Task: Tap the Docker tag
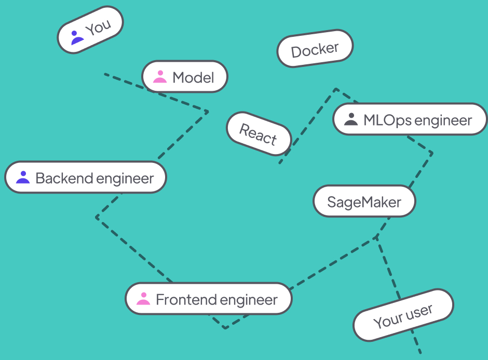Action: pos(315,49)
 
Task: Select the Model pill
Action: pos(185,77)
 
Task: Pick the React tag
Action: pos(259,134)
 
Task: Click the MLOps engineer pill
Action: pos(410,120)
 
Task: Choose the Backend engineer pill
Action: pos(86,178)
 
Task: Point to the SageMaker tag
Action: pos(364,201)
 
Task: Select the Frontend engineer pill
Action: pos(209,299)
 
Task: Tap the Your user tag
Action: pos(403,315)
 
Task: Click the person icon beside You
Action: pos(76,38)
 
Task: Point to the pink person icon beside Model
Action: pos(160,77)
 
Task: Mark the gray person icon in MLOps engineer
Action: pos(351,120)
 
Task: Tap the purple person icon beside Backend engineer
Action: pos(23,177)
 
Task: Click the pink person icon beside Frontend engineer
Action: pos(143,299)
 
